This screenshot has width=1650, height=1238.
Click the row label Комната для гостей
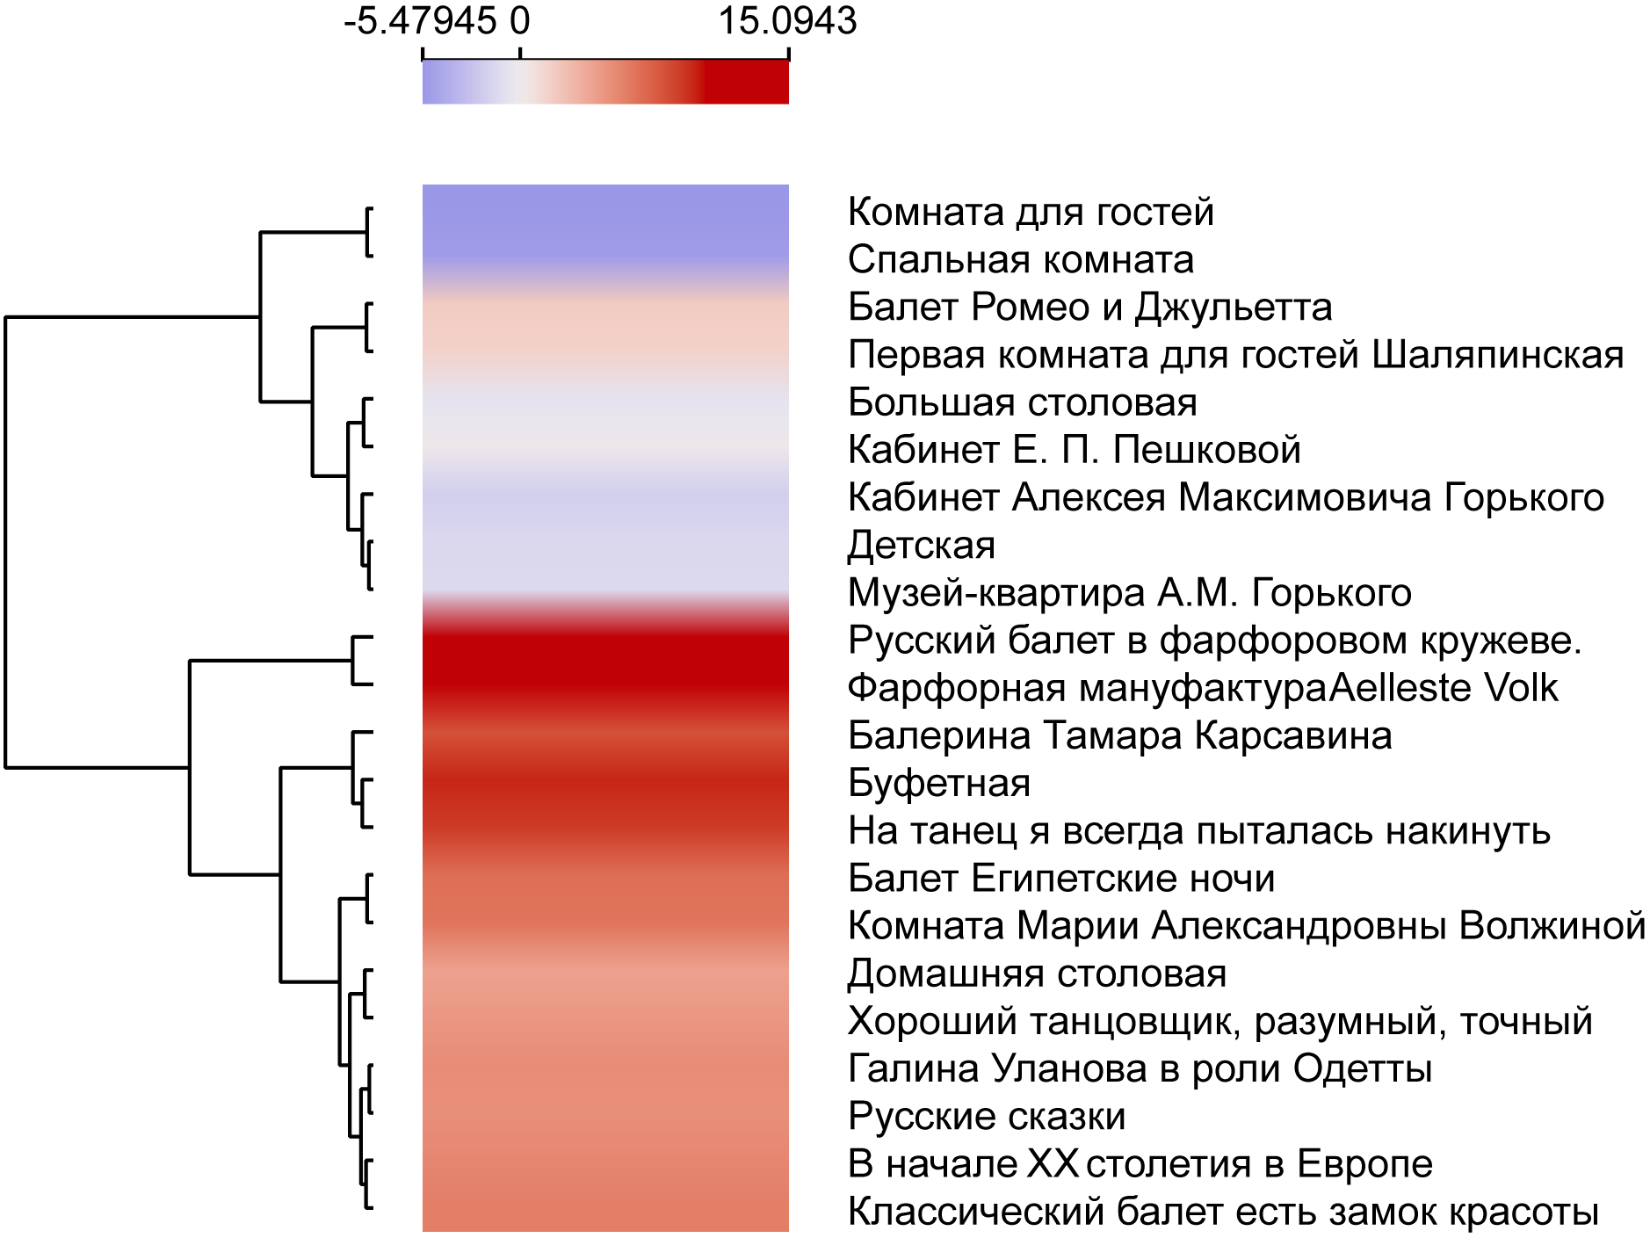[x=1030, y=213]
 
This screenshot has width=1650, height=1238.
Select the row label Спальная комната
[x=1020, y=260]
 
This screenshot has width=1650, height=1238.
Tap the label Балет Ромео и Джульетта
[x=1089, y=308]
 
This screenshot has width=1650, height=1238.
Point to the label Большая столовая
[x=1022, y=402]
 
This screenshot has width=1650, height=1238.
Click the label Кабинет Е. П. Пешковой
[x=1074, y=450]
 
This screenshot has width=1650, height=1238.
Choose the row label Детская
[x=921, y=546]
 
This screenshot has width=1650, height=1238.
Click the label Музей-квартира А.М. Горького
[x=1129, y=593]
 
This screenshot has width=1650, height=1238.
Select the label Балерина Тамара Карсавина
[x=1119, y=735]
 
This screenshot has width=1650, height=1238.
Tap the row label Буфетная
[x=938, y=783]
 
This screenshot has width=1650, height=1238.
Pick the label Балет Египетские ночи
[x=1060, y=879]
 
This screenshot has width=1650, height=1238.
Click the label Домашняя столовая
[x=1037, y=974]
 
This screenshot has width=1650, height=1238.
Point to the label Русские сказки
[x=986, y=1117]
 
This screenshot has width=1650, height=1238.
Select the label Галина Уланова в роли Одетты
[x=1140, y=1069]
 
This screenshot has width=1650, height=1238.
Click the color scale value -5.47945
[x=420, y=21]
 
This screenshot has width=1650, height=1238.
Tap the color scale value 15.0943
[x=787, y=21]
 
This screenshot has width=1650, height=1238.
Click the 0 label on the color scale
[x=520, y=21]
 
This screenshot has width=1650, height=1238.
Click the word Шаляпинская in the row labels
[x=1497, y=355]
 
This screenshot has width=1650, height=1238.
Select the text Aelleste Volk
[x=1444, y=688]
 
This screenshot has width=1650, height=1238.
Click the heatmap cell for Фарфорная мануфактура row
[x=605, y=688]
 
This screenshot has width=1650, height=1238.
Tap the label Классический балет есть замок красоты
[x=1222, y=1212]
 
